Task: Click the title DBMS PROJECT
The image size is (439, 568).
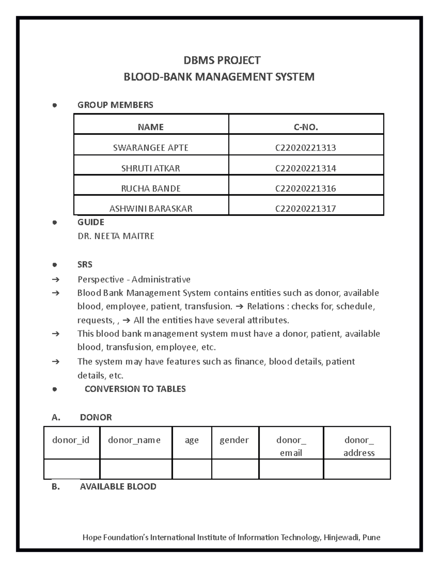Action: point(222,60)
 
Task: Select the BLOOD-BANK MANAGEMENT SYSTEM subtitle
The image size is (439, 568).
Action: point(219,77)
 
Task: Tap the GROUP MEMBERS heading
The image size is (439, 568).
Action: point(115,105)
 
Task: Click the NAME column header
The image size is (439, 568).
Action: point(150,127)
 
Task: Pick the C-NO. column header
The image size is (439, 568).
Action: point(305,127)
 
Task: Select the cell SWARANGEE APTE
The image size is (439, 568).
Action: point(150,148)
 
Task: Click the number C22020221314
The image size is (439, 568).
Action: point(305,168)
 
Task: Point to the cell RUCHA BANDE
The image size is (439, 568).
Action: point(150,188)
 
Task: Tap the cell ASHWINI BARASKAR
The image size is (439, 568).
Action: point(150,208)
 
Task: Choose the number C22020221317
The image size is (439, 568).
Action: point(305,208)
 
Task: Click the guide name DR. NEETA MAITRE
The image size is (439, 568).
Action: point(116,236)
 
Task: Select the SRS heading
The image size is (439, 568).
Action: point(85,264)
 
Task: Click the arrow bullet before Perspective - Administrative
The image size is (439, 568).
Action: point(55,280)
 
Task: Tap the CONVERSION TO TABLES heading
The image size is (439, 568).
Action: point(135,389)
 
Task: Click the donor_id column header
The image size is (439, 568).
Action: point(71,440)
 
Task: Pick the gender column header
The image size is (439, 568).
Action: point(234,440)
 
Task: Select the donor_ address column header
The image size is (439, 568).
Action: point(359,446)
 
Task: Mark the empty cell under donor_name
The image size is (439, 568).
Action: point(136,469)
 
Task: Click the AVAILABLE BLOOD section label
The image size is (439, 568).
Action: point(118,486)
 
